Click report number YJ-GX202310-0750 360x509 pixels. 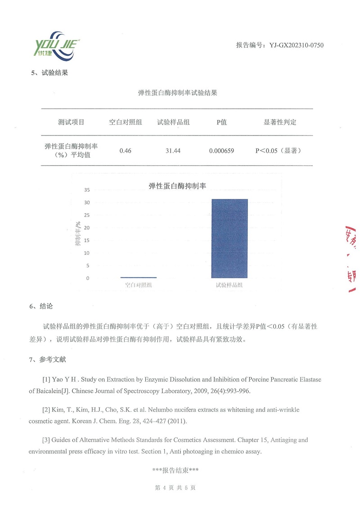click(279, 45)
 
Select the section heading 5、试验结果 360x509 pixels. click(49, 73)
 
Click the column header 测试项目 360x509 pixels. click(71, 122)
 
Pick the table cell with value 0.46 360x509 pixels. click(125, 151)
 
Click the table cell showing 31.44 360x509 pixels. click(173, 151)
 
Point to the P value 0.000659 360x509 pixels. click(221, 151)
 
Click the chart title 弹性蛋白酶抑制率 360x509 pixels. click(177, 186)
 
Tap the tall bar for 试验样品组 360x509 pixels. click(229, 239)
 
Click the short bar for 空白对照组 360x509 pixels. click(139, 277)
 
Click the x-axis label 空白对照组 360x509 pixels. click(139, 285)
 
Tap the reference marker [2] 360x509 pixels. click(46, 410)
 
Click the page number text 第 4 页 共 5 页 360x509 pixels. click(175, 488)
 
